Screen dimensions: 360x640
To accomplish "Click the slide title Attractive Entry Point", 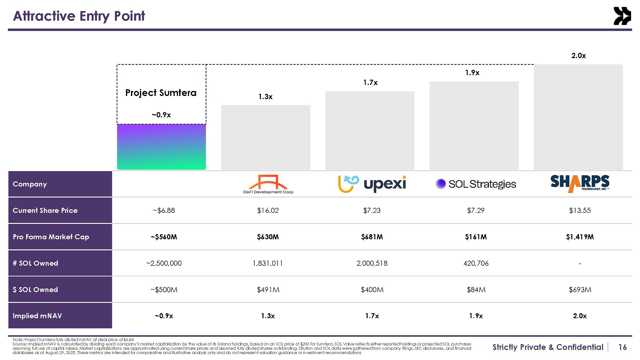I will pyautogui.click(x=79, y=16).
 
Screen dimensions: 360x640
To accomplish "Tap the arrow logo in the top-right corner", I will pyautogui.click(x=622, y=16).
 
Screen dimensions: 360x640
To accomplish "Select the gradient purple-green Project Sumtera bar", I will pyautogui.click(x=161, y=147).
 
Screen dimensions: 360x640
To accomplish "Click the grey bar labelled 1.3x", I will pyautogui.click(x=265, y=137).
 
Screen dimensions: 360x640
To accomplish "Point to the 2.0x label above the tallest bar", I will pyautogui.click(x=579, y=56).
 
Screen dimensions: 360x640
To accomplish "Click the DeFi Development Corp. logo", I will pyautogui.click(x=268, y=184).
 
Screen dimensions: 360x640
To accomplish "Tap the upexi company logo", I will pyautogui.click(x=372, y=184).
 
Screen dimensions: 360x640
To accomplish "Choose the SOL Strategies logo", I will pyautogui.click(x=476, y=184).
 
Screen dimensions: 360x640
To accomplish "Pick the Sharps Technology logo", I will pyautogui.click(x=580, y=183).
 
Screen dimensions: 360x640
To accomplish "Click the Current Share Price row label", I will pyautogui.click(x=45, y=210).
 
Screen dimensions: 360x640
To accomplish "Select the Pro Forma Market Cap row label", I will pyautogui.click(x=51, y=237).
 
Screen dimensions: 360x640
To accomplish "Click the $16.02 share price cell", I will pyautogui.click(x=268, y=210).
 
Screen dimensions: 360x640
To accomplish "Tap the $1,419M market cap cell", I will pyautogui.click(x=580, y=237).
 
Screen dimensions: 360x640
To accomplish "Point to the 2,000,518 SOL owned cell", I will pyautogui.click(x=372, y=263).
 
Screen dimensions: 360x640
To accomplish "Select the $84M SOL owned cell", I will pyautogui.click(x=476, y=290).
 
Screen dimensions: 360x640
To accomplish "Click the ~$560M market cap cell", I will pyautogui.click(x=164, y=237).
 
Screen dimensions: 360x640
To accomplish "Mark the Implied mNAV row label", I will pyautogui.click(x=37, y=316).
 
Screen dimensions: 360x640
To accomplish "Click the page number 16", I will pyautogui.click(x=623, y=347).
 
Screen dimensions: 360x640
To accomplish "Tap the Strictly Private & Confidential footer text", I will pyautogui.click(x=548, y=347).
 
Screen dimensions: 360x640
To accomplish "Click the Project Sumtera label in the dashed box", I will pyautogui.click(x=161, y=93).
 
